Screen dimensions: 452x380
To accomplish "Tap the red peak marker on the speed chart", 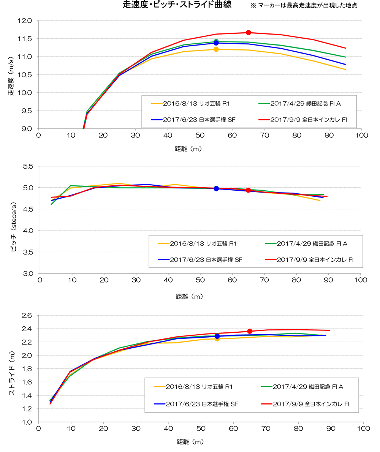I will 249,33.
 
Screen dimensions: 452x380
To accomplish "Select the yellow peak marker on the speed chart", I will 216,49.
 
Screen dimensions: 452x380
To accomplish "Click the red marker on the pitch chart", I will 248,190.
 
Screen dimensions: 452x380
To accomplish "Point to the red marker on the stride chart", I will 250,331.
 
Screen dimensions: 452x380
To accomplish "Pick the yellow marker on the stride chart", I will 217,339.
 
